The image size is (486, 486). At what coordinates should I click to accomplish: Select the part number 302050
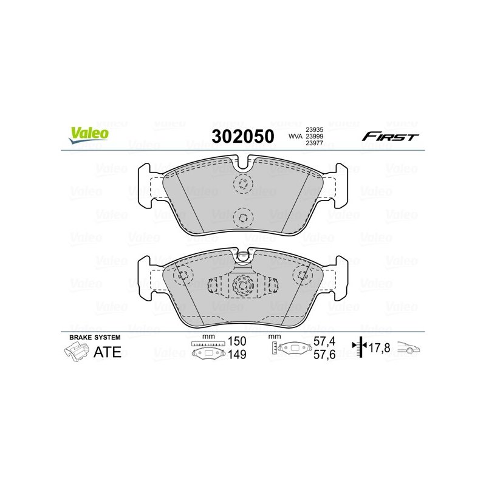(x=243, y=136)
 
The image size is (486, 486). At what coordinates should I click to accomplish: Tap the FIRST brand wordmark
(x=390, y=136)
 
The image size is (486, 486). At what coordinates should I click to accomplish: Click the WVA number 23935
(x=314, y=129)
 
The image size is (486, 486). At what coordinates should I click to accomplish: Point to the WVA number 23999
(x=314, y=136)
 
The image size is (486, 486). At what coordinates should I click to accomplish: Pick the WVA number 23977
(x=314, y=143)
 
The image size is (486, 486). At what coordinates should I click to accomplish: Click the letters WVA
(x=295, y=136)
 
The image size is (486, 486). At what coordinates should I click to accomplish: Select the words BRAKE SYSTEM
(x=95, y=337)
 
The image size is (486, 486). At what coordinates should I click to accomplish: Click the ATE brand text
(x=108, y=352)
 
